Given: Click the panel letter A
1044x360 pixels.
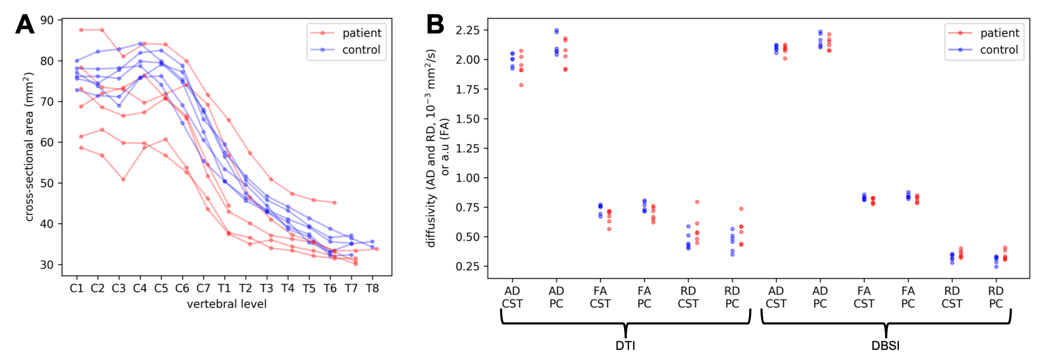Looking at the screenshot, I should pyautogui.click(x=24, y=24).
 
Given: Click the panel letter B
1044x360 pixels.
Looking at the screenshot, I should pyautogui.click(x=435, y=24).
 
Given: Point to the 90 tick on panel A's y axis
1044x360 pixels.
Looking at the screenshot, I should pyautogui.click(x=47, y=20).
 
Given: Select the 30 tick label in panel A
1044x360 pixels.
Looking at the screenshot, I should pyautogui.click(x=47, y=265).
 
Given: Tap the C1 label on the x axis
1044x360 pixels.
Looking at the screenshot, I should pyautogui.click(x=77, y=288).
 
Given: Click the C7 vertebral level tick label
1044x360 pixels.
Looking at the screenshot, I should pyautogui.click(x=203, y=288).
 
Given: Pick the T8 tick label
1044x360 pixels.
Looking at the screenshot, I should pyautogui.click(x=372, y=288).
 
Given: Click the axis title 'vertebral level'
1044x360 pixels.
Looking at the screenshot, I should pyautogui.click(x=226, y=304).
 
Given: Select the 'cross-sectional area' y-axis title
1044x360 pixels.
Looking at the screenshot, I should pyautogui.click(x=29, y=147).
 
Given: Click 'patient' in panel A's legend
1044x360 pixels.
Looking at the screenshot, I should pyautogui.click(x=361, y=33).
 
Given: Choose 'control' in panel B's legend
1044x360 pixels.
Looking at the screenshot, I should pyautogui.click(x=999, y=50).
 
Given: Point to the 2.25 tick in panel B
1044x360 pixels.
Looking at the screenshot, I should pyautogui.click(x=468, y=30).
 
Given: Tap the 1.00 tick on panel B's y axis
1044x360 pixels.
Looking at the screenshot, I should pyautogui.click(x=468, y=178).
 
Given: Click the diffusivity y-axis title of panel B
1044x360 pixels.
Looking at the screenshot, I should pyautogui.click(x=437, y=148).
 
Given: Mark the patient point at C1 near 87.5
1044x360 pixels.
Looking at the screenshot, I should pyautogui.click(x=81, y=30).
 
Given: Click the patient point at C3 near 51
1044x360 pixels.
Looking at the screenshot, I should pyautogui.click(x=123, y=180).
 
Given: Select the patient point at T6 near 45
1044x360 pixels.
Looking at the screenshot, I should pyautogui.click(x=334, y=203).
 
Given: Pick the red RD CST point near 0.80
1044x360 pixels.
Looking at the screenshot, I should pyautogui.click(x=697, y=202).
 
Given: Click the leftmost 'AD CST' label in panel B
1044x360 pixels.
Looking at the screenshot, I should pyautogui.click(x=512, y=297).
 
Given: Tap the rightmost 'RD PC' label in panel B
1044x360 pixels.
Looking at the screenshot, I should pyautogui.click(x=996, y=297).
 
